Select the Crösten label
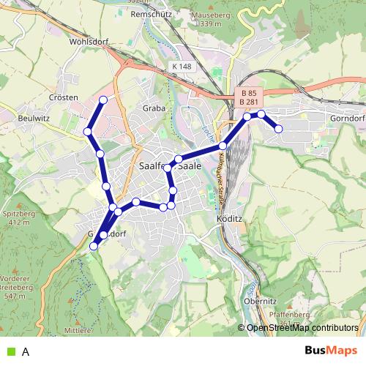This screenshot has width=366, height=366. tap(64, 97)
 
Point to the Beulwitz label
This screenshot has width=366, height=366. tap(34, 117)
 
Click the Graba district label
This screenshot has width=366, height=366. tap(154, 108)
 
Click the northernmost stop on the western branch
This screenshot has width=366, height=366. tap(103, 100)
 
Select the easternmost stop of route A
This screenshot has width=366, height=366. tap(279, 129)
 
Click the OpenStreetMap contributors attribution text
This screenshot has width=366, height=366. tap(302, 328)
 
